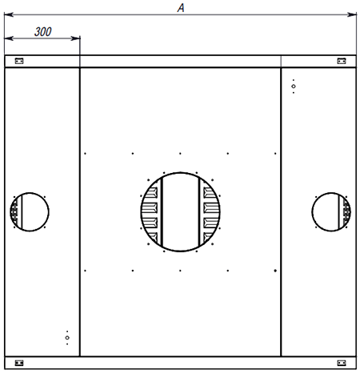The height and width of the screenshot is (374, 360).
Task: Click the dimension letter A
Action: (181, 8)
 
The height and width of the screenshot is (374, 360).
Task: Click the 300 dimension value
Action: (42, 32)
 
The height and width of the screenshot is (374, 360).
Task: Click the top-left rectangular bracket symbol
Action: (19, 61)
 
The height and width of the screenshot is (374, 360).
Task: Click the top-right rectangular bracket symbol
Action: (342, 61)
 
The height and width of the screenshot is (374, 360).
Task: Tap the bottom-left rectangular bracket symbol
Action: (19, 363)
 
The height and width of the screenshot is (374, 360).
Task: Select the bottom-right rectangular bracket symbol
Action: (342, 363)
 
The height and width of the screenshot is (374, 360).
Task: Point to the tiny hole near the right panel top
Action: (294, 86)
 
